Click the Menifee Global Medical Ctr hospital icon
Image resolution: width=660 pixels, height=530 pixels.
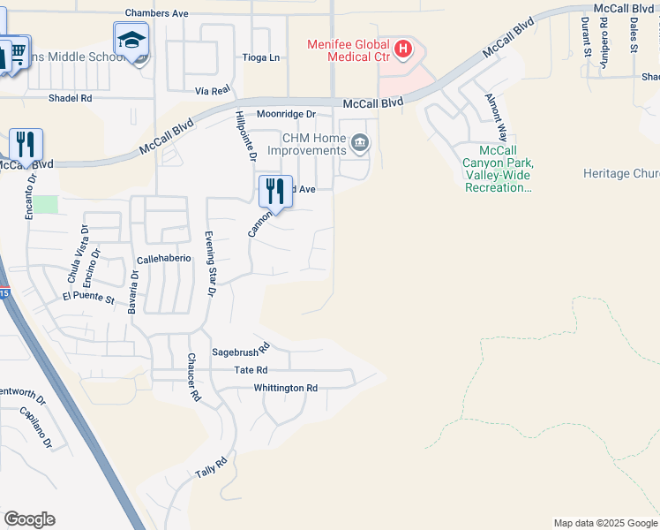point(403,49)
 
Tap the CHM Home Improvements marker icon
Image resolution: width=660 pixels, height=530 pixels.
point(360,143)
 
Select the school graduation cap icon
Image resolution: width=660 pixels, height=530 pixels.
point(131,41)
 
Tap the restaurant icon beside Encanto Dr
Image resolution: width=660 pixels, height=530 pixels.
point(25,144)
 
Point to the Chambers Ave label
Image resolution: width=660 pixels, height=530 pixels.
point(157,13)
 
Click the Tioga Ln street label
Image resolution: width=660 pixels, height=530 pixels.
point(261,57)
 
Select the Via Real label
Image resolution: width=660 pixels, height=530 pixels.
point(213,90)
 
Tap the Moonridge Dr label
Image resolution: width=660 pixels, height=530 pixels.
point(286,114)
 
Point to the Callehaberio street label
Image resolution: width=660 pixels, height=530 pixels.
point(164,259)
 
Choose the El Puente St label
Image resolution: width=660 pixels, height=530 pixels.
point(88,299)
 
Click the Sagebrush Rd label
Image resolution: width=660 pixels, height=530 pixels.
point(239,352)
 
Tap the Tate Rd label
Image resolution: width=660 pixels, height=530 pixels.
point(250,370)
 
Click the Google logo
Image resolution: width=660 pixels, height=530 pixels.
point(29,519)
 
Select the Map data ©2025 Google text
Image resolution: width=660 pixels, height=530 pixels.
point(604,523)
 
